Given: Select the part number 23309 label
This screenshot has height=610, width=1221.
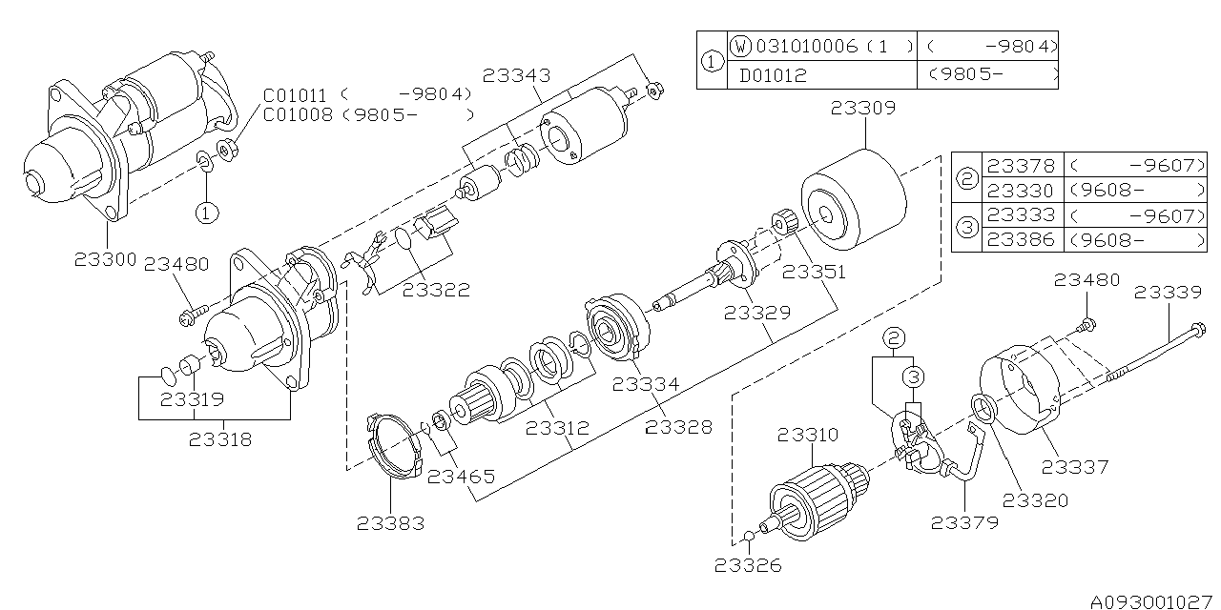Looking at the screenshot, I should (862, 109).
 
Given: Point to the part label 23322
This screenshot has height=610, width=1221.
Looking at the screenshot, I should (436, 290).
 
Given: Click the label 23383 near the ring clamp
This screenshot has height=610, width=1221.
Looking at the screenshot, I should (391, 522).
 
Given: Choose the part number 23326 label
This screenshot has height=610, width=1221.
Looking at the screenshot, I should (748, 565).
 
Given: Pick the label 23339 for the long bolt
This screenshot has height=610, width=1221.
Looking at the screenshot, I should (1168, 293).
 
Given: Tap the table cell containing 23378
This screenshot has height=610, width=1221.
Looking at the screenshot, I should (1020, 166).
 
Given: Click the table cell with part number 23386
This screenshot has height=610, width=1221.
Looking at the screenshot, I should (1020, 240).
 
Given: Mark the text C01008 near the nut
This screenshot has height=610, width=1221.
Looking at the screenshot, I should (298, 115).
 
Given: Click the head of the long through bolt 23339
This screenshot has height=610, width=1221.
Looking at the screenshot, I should (1198, 332).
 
